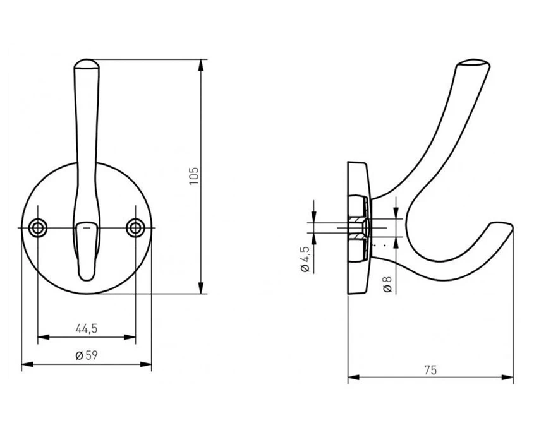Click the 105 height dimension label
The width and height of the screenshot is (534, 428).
[194, 176]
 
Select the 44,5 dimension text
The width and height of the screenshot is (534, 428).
[87, 329]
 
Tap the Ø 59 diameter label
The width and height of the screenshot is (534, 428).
[87, 355]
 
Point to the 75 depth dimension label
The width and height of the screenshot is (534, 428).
[430, 370]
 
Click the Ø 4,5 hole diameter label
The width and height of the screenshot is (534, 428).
[305, 259]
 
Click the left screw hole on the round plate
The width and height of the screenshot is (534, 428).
[38, 228]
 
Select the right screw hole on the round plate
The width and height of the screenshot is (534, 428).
[135, 228]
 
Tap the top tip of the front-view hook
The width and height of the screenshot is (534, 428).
[86, 60]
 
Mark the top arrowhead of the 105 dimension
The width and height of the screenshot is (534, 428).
[201, 65]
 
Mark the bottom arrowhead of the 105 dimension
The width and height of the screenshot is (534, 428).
[201, 288]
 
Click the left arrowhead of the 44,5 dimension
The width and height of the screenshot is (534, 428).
[43, 337]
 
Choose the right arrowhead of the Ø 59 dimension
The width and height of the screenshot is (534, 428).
[146, 364]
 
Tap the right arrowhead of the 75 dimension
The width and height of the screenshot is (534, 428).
[507, 377]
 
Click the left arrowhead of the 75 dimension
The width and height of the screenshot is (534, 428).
[353, 377]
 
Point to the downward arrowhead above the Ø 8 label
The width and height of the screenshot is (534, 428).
[396, 213]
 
